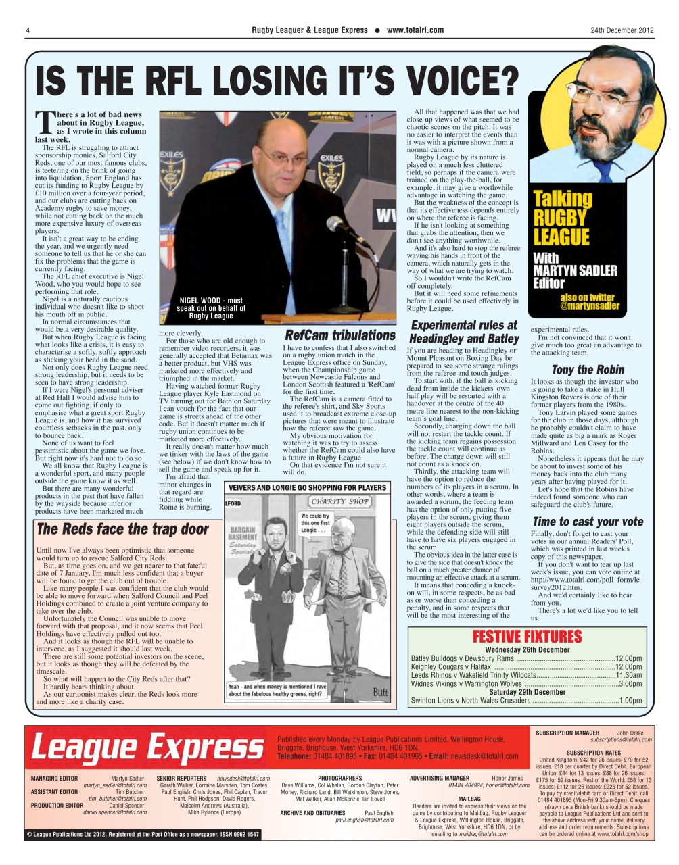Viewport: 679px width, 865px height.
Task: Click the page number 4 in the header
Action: [28, 30]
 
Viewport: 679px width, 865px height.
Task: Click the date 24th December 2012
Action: [622, 30]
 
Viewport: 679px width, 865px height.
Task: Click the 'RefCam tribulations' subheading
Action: [339, 335]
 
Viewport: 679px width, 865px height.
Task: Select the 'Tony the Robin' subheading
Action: [588, 370]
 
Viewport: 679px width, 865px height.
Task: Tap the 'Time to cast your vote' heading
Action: [588, 522]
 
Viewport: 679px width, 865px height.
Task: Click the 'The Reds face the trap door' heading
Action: [122, 529]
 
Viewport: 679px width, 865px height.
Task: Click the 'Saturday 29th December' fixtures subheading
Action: [527, 692]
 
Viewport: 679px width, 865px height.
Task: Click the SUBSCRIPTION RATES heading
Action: [593, 753]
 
